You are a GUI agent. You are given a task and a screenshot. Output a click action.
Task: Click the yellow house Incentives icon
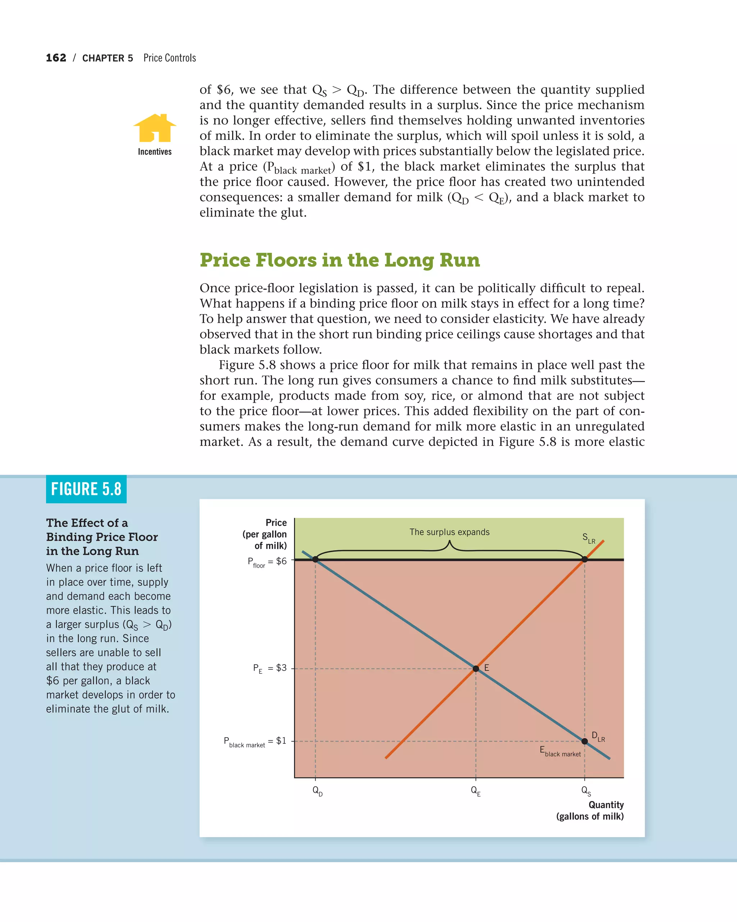click(155, 128)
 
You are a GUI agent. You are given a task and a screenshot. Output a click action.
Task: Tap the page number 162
click(56, 58)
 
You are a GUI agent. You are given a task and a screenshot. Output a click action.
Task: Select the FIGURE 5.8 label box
click(86, 489)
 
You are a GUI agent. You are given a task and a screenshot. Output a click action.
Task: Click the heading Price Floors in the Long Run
click(340, 260)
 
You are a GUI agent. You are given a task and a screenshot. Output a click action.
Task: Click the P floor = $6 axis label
click(267, 561)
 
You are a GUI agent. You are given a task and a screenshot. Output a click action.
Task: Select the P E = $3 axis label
click(270, 668)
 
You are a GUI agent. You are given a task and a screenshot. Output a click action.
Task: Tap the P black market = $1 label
click(255, 741)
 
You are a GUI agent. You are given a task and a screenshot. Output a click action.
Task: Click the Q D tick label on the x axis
click(317, 791)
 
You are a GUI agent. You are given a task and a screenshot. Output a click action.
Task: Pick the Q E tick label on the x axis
click(475, 791)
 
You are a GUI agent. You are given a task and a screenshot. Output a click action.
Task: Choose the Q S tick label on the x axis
click(586, 791)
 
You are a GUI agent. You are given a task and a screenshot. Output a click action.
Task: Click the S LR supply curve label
click(588, 538)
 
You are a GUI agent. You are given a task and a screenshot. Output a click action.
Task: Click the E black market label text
click(560, 751)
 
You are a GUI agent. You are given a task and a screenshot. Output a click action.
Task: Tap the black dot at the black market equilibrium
click(584, 741)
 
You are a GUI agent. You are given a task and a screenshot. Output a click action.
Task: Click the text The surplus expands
click(449, 532)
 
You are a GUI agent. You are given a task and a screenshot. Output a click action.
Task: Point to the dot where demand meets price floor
click(315, 559)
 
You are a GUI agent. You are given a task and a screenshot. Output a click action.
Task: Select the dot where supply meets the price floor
click(584, 559)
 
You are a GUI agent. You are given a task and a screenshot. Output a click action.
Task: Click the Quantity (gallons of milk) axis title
click(590, 810)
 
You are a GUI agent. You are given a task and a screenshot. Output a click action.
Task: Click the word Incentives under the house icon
click(155, 152)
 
